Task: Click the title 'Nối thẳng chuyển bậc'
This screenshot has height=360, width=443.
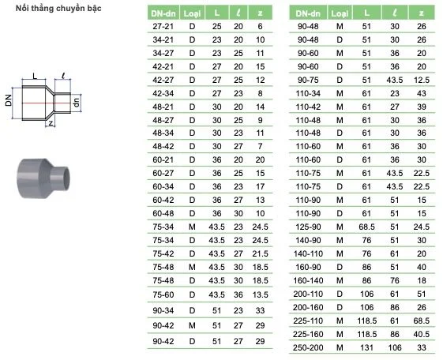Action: pyautogui.click(x=58, y=9)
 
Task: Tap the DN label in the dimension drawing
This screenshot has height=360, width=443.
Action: pyautogui.click(x=9, y=100)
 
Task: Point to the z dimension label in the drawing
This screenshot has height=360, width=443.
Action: pyautogui.click(x=51, y=123)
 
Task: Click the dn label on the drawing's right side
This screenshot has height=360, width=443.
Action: pyautogui.click(x=77, y=102)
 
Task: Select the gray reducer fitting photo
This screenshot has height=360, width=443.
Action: pyautogui.click(x=43, y=178)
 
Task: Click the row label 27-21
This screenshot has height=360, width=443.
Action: pyautogui.click(x=163, y=27)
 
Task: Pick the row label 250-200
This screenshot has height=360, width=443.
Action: pyautogui.click(x=308, y=347)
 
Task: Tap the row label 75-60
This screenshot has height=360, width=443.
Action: pyautogui.click(x=163, y=294)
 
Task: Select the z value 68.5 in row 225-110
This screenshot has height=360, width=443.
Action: pyautogui.click(x=421, y=321)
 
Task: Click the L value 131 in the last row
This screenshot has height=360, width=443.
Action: pyautogui.click(x=366, y=347)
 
